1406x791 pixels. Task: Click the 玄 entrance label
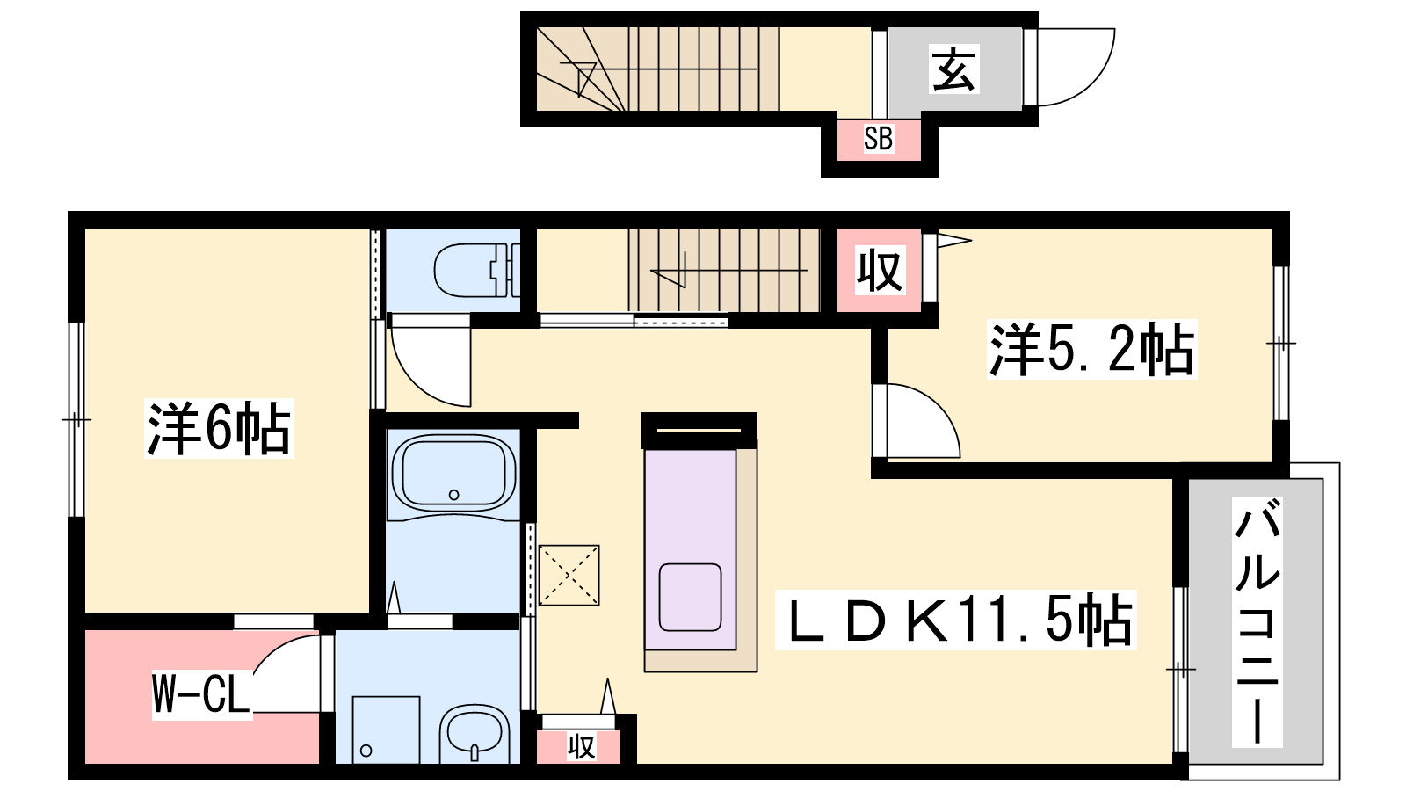point(953,69)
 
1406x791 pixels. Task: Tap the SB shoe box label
point(878,138)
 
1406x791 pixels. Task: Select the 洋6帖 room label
point(219,428)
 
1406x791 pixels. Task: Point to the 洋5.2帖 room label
point(1091,349)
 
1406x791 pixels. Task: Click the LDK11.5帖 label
point(955,620)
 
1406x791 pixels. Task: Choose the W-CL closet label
point(201,694)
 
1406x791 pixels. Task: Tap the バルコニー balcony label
point(1257,621)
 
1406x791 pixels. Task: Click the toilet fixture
point(476,271)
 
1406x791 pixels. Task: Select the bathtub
point(453,475)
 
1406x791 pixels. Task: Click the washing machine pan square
point(386,729)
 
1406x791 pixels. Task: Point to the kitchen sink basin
point(690,597)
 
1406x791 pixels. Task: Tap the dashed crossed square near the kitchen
point(569,575)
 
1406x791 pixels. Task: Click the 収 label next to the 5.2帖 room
point(880,271)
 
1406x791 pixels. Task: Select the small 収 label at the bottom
point(581,747)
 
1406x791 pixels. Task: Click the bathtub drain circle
point(453,495)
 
